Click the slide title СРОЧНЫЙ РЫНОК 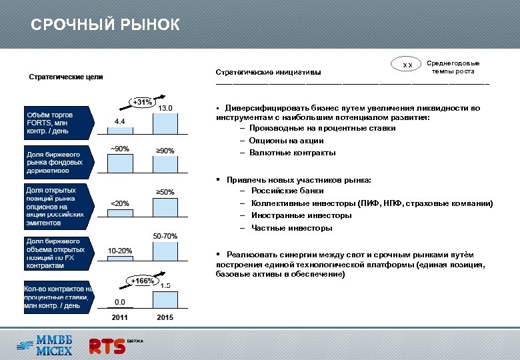(105, 25)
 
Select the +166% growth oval (142, 281)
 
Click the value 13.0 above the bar (165, 108)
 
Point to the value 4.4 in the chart (119, 122)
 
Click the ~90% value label (120, 149)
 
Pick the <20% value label (120, 203)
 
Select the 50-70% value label (165, 236)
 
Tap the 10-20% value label (120, 251)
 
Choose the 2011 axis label (120, 317)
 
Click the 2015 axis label (165, 317)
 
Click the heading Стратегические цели (65, 77)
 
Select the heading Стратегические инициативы (268, 72)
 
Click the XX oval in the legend (408, 65)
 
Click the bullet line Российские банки (287, 191)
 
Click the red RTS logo (108, 345)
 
